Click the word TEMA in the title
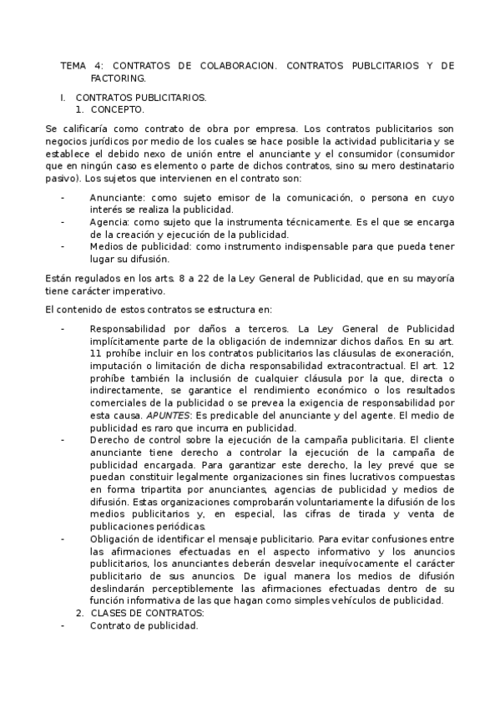pos(75,65)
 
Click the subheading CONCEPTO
pos(117,109)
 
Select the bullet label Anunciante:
pos(119,196)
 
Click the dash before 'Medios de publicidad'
pos(63,247)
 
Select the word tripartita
pos(144,488)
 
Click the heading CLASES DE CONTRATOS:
pos(147,613)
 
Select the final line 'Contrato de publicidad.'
pos(144,625)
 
